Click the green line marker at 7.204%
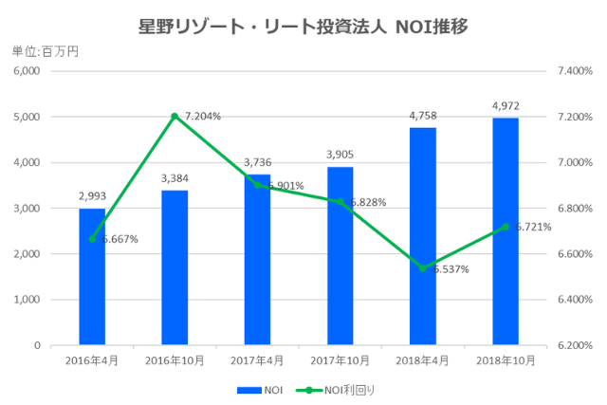[175, 117]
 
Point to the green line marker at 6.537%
[423, 268]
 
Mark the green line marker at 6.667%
[92, 239]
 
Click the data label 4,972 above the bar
[506, 105]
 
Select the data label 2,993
[92, 196]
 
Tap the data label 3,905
[340, 155]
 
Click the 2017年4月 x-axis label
[257, 360]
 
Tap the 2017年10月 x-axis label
[340, 360]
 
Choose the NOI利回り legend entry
[339, 389]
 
